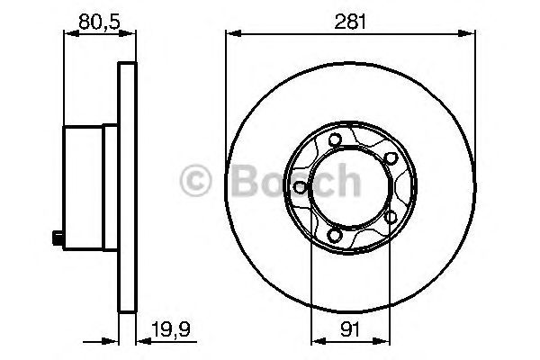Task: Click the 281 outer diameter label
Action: pos(351,21)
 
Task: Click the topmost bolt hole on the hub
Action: pos(334,139)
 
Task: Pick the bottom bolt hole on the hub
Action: pos(335,237)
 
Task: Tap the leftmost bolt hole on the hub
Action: pos(298,187)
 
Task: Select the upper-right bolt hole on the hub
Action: pos(391,158)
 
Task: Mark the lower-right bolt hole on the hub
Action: pos(391,217)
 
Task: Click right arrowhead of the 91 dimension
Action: pos(387,342)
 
